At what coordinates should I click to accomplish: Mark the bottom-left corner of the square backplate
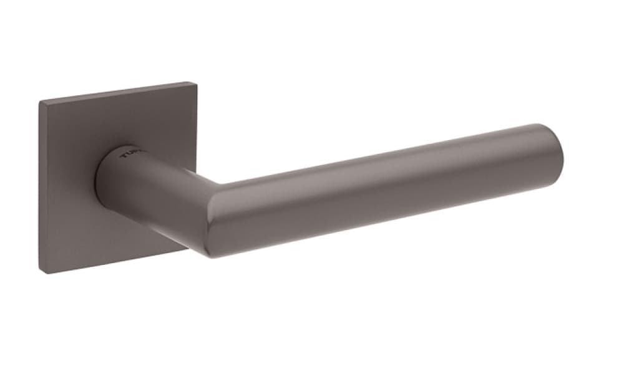coord(44,272)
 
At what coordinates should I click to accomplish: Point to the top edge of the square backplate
coord(115,92)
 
